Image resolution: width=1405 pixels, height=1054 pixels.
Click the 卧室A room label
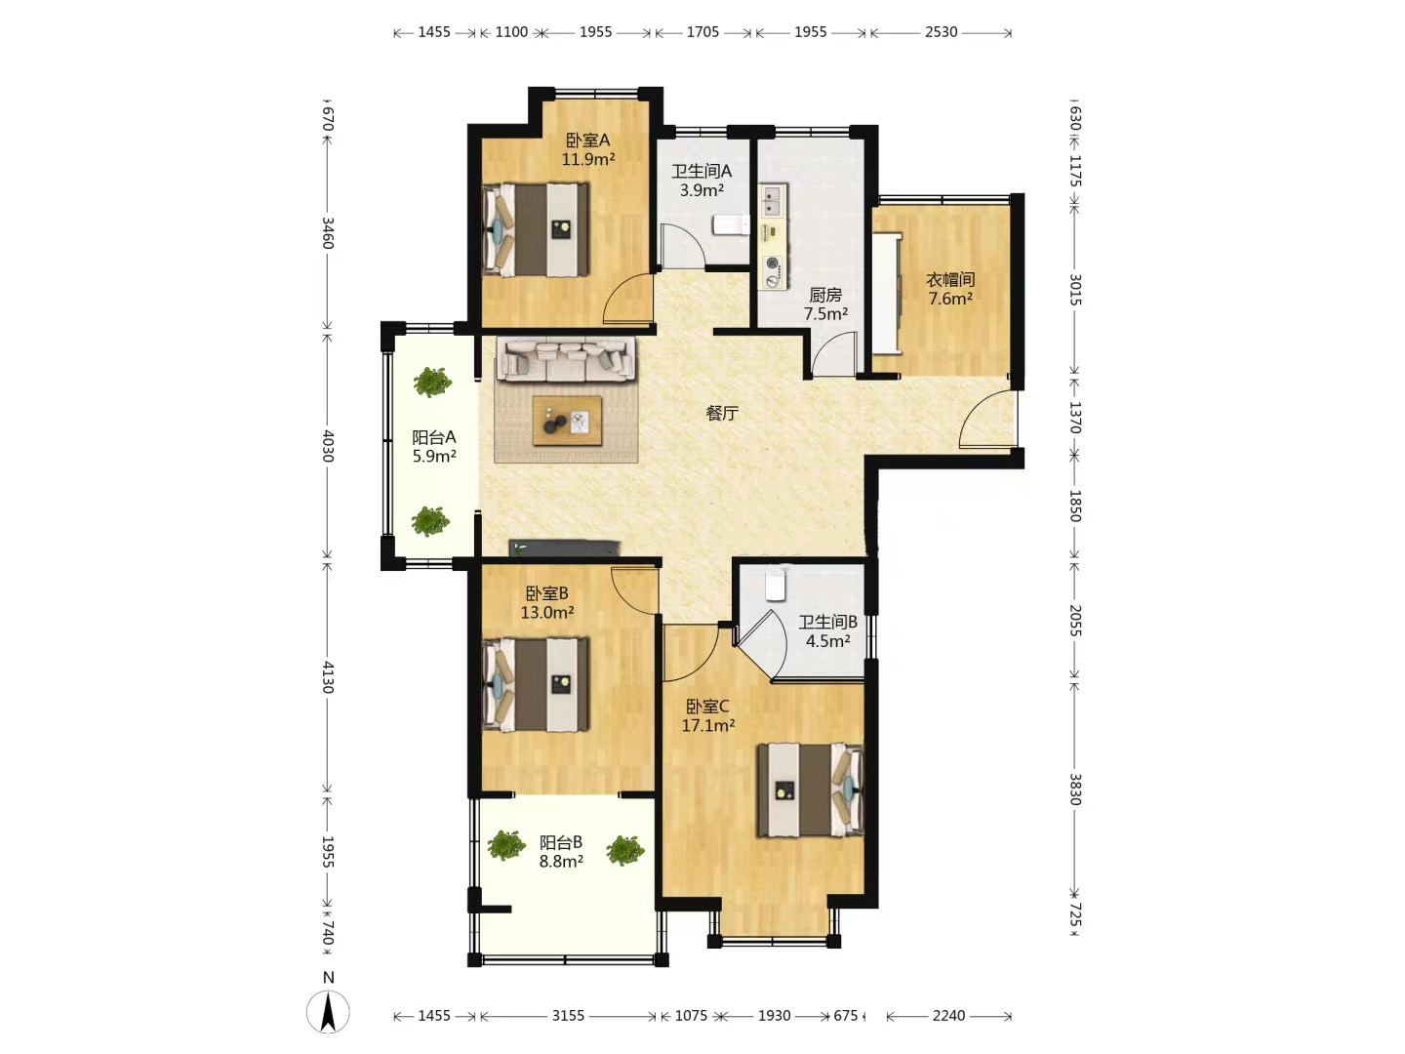point(587,141)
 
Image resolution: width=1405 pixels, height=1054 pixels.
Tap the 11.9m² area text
point(588,159)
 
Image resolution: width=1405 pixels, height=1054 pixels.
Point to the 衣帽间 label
point(950,280)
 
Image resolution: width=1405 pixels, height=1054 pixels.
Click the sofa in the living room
point(566,360)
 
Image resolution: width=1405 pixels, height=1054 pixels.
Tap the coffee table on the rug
point(567,421)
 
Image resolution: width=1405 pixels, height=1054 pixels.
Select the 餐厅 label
point(721,413)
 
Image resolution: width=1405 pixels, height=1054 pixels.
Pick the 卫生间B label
point(827,622)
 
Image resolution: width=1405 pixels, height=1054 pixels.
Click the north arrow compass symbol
point(329,1010)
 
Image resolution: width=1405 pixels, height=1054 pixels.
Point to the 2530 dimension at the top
point(941,32)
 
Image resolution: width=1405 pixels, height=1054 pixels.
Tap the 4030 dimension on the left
point(327,446)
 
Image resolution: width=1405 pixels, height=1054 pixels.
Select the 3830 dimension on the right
point(1075,790)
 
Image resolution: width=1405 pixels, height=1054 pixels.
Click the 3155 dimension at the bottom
point(569,1016)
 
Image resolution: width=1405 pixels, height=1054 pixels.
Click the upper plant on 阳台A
point(432,382)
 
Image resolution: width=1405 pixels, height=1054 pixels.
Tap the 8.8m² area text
point(561,862)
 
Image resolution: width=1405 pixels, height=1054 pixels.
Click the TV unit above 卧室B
point(565,548)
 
